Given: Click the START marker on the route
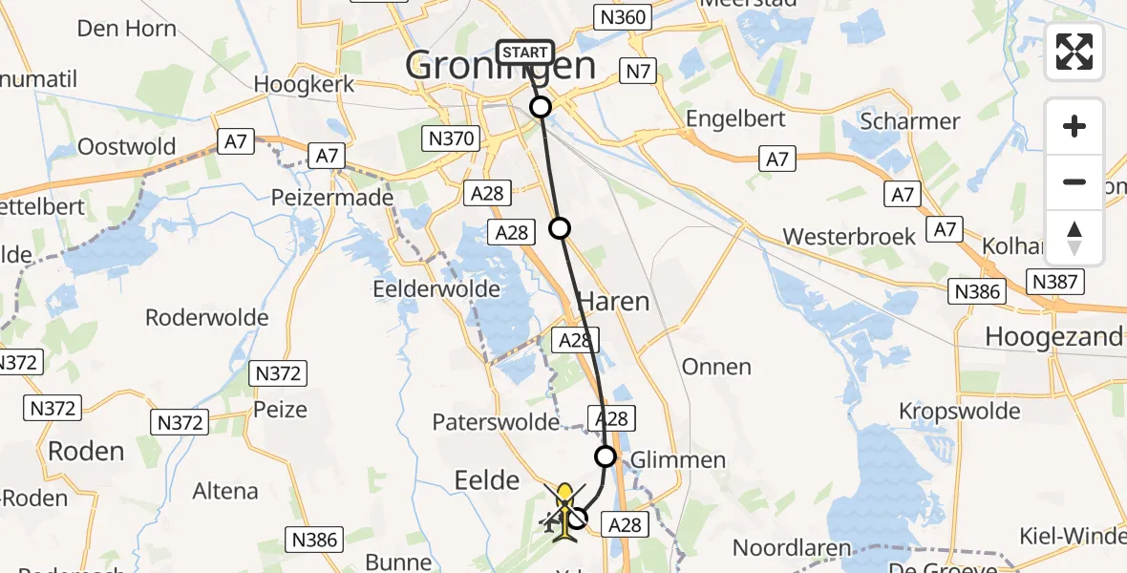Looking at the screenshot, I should [524, 53].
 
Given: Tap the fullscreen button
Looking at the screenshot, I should [1074, 52].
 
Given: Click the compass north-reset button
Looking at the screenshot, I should [1074, 238].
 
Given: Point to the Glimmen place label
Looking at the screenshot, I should [677, 460].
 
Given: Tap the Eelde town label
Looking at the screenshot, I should [487, 480].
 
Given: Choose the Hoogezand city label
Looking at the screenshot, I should [1053, 336].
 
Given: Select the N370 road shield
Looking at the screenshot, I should [451, 139].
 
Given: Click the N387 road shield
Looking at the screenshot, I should [1055, 281].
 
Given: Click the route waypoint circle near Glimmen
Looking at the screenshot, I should [606, 455].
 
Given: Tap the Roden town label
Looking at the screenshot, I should [86, 451].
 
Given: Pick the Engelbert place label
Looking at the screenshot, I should [736, 118].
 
